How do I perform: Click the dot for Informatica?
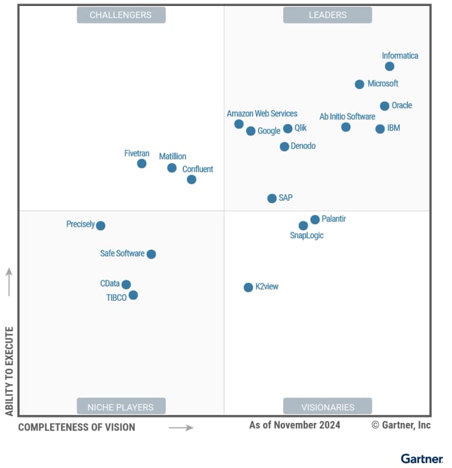tap(389, 66)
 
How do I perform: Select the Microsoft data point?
tap(359, 84)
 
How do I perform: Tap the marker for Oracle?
tap(385, 106)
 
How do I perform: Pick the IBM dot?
tap(380, 129)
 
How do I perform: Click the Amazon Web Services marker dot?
tap(239, 124)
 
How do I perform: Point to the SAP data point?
tap(272, 198)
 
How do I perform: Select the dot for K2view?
tap(248, 288)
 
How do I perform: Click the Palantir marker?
tap(315, 220)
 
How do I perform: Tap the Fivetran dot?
tap(142, 163)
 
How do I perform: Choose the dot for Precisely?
tap(101, 226)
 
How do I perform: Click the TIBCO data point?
tap(133, 295)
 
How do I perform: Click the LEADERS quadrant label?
tap(327, 15)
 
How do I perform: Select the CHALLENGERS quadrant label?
tap(121, 15)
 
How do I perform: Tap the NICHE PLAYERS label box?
tap(121, 407)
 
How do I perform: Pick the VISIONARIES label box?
tap(327, 407)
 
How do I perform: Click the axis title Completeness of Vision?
tap(77, 427)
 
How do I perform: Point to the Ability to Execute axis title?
tap(9, 371)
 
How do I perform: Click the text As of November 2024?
tap(295, 425)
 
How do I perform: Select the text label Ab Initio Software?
tap(347, 116)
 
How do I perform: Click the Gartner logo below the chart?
tap(422, 459)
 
